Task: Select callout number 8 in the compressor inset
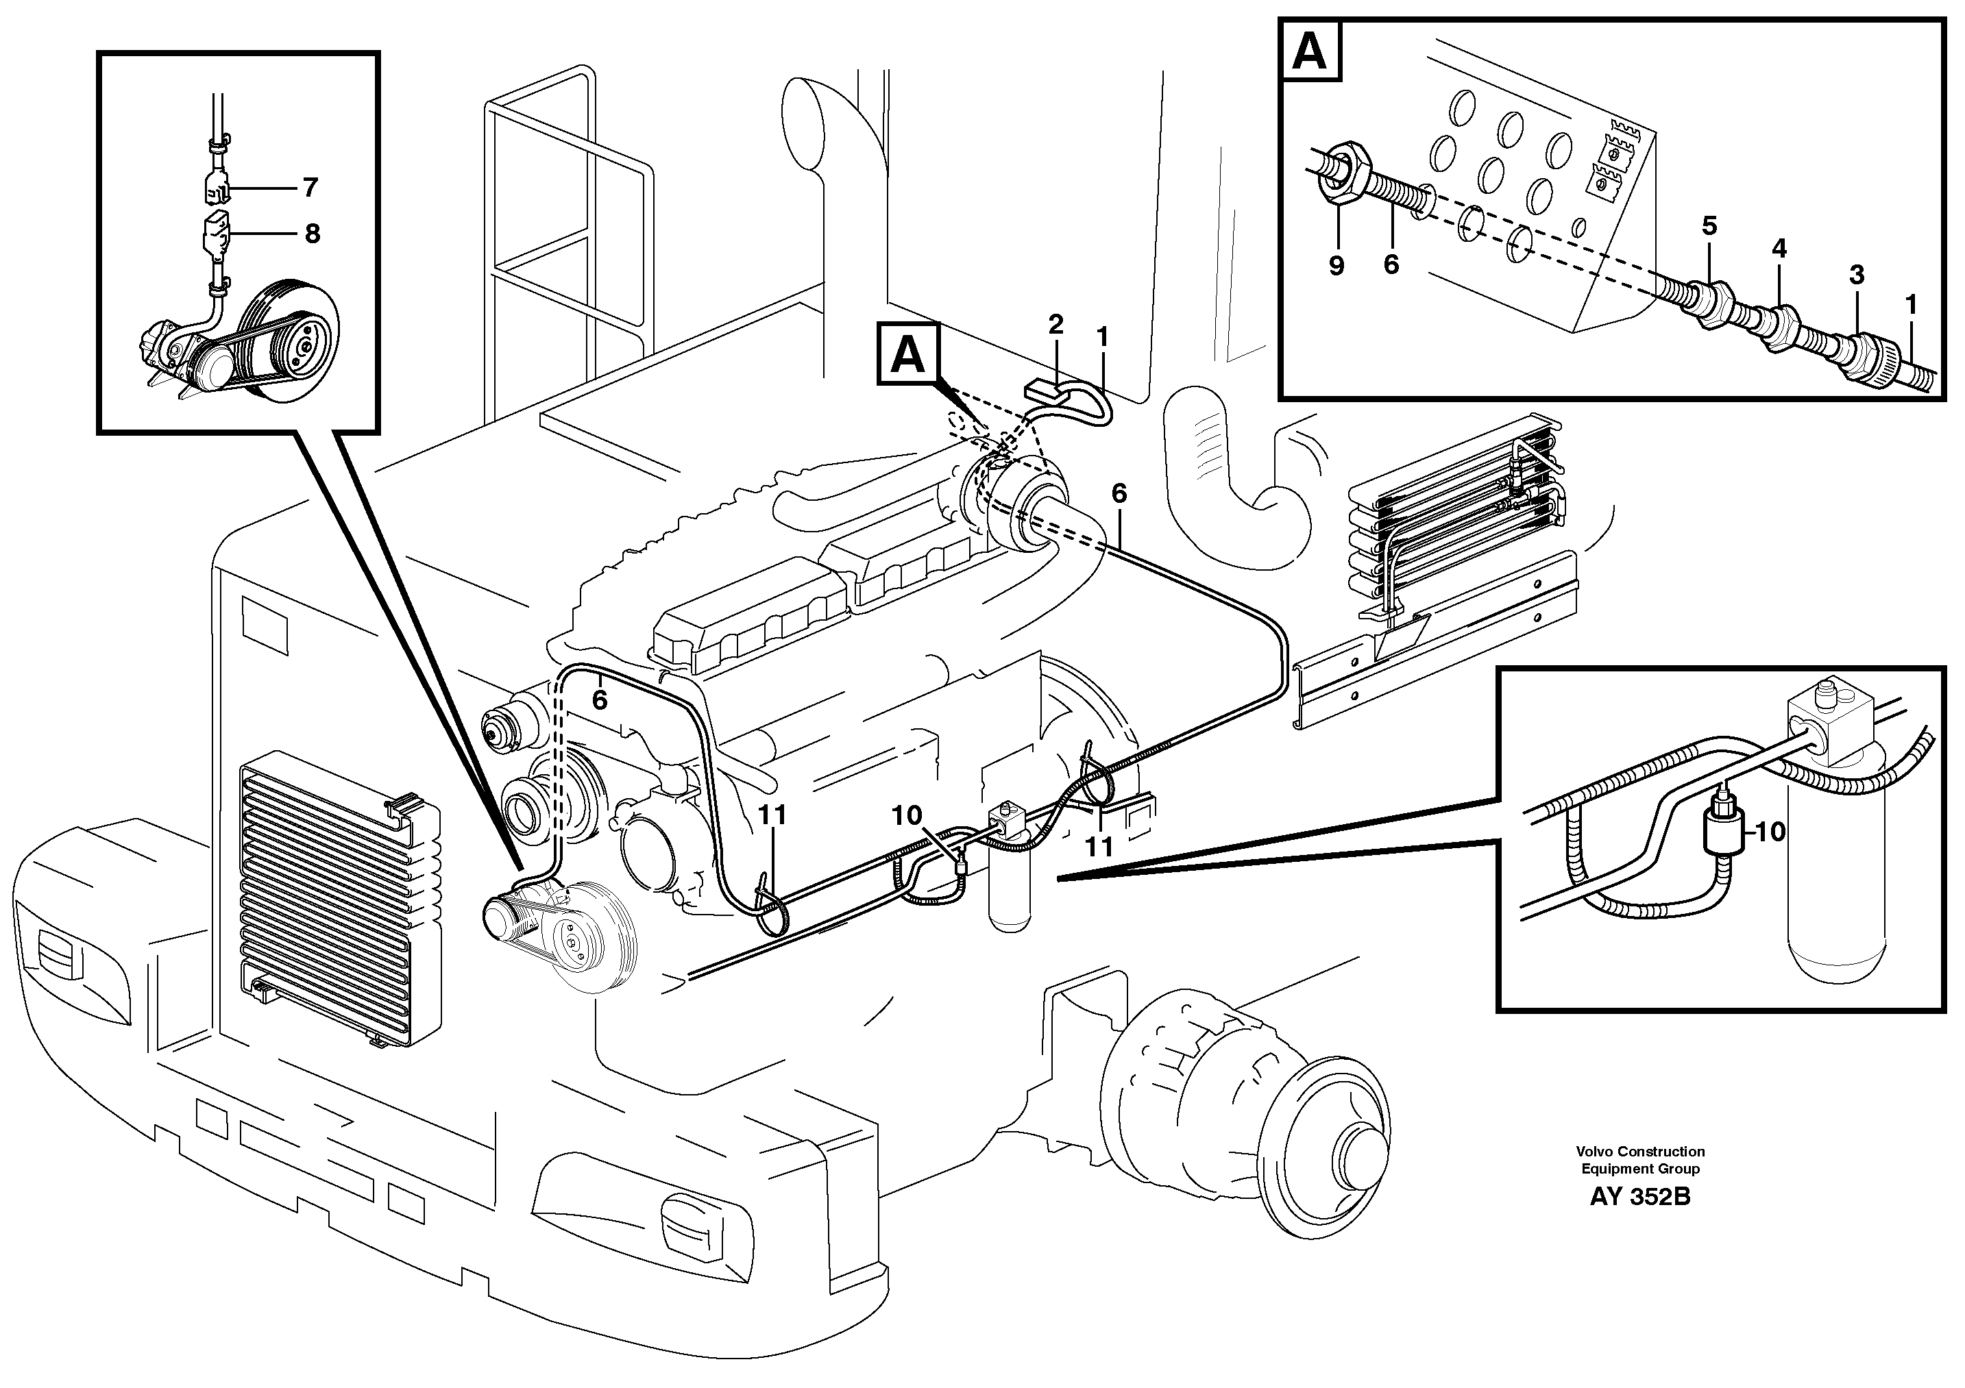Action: (x=313, y=233)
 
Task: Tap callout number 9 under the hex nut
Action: (x=1336, y=266)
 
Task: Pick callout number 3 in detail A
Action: (x=1856, y=275)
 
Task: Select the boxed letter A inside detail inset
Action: (x=1310, y=53)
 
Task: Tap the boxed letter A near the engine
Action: (x=908, y=355)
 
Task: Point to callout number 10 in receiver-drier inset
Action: (x=1771, y=832)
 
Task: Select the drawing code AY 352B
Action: (x=1639, y=1197)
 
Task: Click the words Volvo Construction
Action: (x=1639, y=1152)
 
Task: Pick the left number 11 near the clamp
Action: (x=772, y=815)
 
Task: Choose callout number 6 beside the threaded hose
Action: (x=1391, y=265)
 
